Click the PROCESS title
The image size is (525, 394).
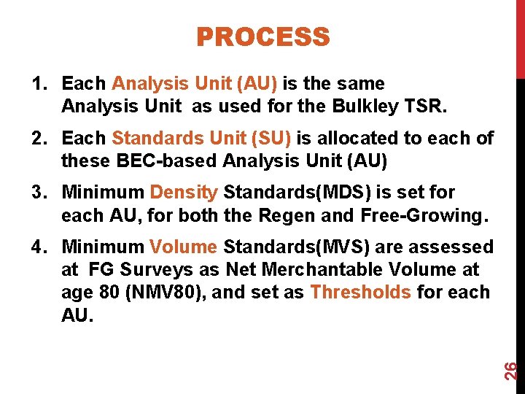click(262, 36)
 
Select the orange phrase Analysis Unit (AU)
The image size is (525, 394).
click(195, 84)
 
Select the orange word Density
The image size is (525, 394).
click(184, 193)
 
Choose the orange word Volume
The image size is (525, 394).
click(183, 247)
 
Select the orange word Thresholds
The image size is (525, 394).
click(360, 293)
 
